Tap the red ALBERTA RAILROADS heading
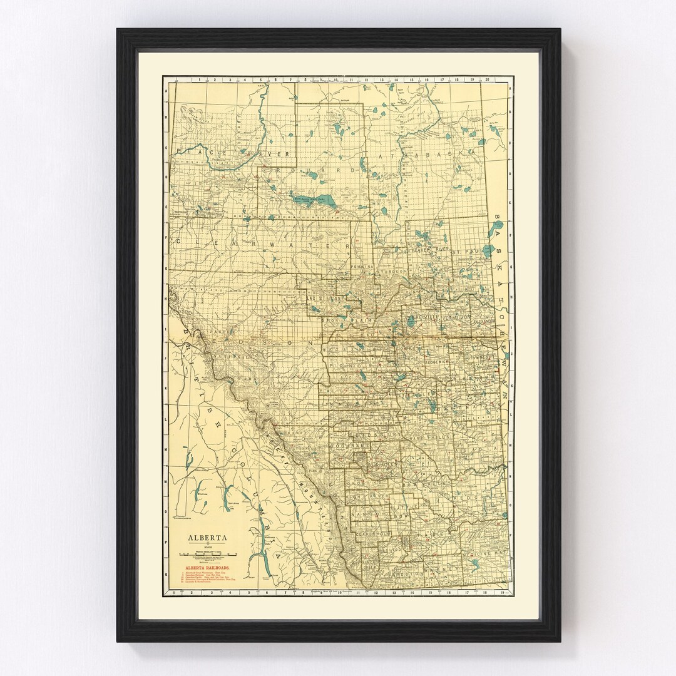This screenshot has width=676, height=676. pos(205,568)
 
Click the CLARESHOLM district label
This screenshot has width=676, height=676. pos(374,533)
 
